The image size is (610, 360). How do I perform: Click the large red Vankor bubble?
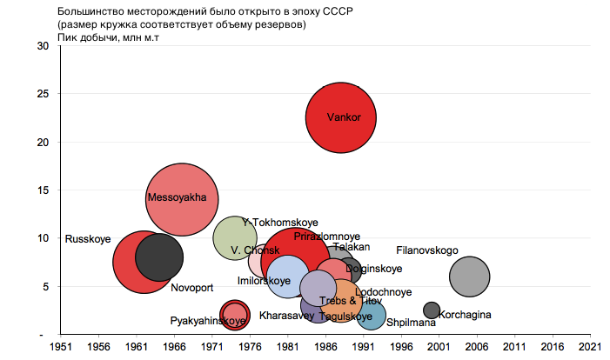tap(340, 118)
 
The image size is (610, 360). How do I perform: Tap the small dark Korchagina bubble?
tap(432, 310)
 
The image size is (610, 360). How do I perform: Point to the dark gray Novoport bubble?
tap(158, 257)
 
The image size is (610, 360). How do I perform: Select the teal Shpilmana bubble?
tap(372, 317)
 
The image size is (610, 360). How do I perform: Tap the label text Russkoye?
tap(88, 239)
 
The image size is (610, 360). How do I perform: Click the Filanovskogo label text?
tap(427, 250)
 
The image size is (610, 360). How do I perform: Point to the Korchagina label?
tap(465, 314)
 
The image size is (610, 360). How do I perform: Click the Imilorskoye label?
tap(264, 281)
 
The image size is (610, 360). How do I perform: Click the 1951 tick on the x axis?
tap(60, 346)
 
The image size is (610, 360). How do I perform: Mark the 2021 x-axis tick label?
tap(591, 346)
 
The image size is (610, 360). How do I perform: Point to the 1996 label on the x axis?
tap(401, 346)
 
